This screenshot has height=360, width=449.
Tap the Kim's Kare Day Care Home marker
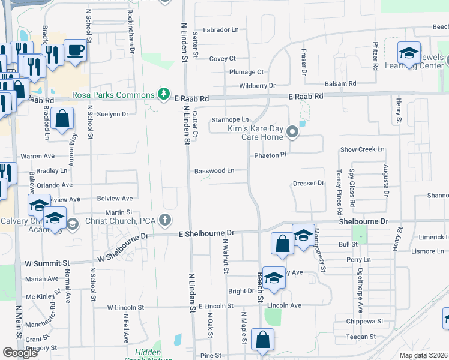(292, 131)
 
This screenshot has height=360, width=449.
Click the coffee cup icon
(76, 50)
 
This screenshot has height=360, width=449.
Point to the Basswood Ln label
(214, 170)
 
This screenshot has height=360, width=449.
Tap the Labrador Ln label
(221, 29)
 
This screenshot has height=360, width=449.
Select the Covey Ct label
(222, 59)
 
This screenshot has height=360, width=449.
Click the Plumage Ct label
(246, 72)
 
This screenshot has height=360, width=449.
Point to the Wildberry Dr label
(257, 86)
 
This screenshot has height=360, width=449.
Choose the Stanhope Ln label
(230, 120)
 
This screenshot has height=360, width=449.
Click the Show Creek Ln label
(362, 149)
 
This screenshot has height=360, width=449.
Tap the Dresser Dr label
(309, 183)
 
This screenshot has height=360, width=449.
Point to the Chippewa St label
(364, 321)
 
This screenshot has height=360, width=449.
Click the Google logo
(20, 353)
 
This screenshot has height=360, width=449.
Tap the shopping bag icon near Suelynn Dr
(62, 119)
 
